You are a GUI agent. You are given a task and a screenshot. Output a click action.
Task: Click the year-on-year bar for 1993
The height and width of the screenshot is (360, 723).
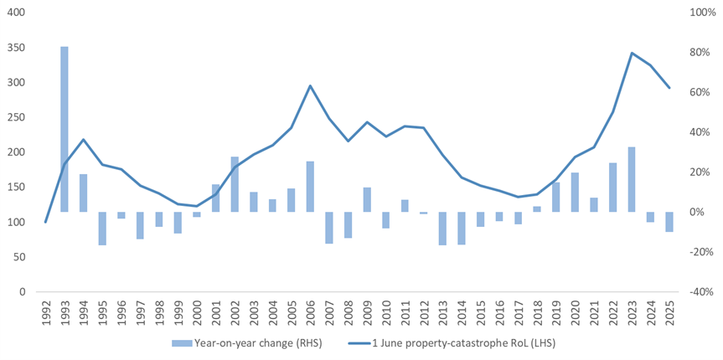tap(65, 129)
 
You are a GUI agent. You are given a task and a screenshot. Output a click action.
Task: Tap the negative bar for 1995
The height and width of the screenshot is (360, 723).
tap(102, 228)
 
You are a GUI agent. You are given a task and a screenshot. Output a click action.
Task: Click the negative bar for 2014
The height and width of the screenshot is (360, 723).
tap(462, 228)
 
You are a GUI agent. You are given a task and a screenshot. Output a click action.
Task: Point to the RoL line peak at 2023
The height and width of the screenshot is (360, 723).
tap(632, 53)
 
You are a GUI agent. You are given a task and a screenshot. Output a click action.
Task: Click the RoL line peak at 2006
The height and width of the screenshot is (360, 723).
tap(310, 85)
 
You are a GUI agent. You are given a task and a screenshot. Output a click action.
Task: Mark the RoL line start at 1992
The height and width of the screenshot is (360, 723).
tap(45, 222)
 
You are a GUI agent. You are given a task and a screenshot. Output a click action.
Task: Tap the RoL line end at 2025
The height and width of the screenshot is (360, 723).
tap(669, 88)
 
